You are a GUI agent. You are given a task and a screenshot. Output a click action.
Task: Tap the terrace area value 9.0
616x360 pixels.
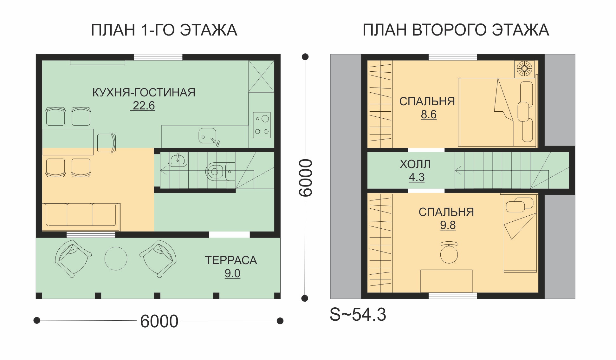click(x=232, y=273)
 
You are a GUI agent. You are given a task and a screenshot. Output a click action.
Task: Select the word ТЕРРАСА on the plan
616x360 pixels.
click(x=231, y=260)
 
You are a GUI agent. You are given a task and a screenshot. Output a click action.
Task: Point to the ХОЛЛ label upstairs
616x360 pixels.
click(x=415, y=164)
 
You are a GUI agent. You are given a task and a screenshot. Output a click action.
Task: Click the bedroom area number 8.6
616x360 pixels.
click(x=429, y=114)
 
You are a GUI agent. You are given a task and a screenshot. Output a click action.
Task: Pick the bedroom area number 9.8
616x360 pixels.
click(x=448, y=225)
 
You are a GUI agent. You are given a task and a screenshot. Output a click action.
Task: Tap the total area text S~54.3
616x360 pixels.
click(x=358, y=314)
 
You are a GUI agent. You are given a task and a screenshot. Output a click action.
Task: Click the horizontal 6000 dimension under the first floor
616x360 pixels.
click(x=159, y=321)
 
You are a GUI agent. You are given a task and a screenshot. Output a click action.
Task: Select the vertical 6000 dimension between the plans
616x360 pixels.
click(x=306, y=178)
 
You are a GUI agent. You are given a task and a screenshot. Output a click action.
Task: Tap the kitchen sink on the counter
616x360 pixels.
click(x=208, y=136)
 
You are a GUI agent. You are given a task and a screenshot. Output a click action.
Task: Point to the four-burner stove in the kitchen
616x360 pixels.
click(x=262, y=125)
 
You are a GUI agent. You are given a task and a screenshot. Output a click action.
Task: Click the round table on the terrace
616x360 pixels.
click(x=116, y=259)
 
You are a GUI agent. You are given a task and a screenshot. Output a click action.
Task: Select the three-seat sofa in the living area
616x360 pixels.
click(x=81, y=217)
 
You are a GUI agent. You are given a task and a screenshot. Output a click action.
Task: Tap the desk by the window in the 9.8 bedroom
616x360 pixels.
click(x=446, y=281)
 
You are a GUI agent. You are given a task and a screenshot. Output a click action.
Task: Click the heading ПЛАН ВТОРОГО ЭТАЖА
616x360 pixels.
click(x=456, y=30)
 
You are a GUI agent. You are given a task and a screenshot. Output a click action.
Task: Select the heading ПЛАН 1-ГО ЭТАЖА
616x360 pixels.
click(x=164, y=30)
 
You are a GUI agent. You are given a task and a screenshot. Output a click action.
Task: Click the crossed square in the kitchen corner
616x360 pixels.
click(x=261, y=76)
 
